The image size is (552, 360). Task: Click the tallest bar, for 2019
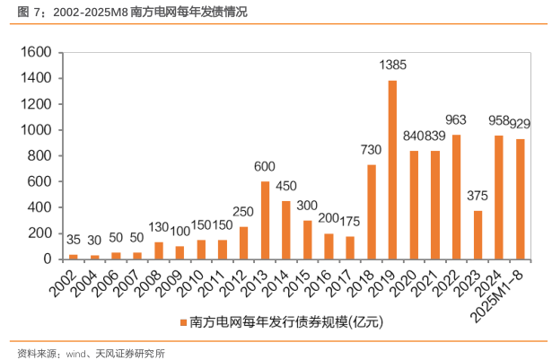[x=392, y=170]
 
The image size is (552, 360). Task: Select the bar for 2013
[x=265, y=220]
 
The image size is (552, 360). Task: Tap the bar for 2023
[x=478, y=234]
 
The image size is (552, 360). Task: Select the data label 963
[x=457, y=119]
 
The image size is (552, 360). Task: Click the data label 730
[x=372, y=150]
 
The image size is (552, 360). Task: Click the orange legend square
[x=182, y=321]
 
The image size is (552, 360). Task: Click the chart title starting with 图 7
[x=126, y=13]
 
